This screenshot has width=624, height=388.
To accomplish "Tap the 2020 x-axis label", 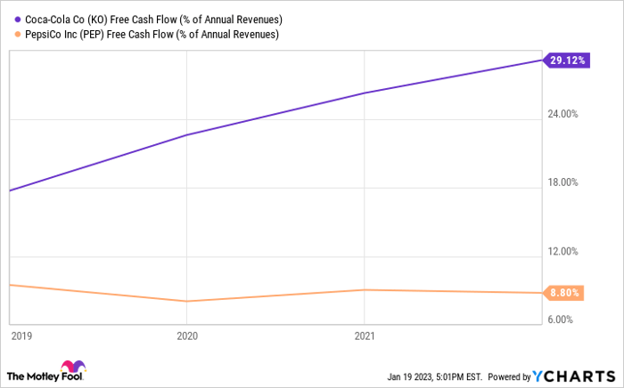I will click(187, 337).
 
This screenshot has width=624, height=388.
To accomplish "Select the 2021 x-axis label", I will click(365, 337).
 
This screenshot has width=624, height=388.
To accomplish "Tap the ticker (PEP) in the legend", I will click(112, 35).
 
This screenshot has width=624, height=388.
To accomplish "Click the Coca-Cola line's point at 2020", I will click(186, 135).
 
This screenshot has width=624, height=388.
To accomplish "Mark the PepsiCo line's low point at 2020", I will click(186, 302).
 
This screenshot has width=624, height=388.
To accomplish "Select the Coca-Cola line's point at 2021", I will click(364, 93).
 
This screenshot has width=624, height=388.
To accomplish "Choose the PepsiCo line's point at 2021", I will click(364, 290).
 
